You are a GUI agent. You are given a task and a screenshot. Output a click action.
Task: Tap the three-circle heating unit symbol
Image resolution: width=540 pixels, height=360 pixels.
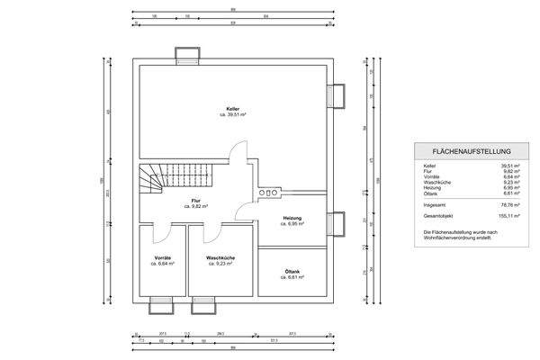click(267, 191)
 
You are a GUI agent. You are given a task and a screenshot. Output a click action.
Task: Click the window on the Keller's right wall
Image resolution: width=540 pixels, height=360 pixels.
click(337, 94)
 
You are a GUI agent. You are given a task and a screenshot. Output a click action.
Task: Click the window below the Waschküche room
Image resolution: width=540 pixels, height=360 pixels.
click(205, 305)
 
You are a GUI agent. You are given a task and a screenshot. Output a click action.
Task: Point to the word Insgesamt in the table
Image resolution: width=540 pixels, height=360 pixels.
click(435, 204)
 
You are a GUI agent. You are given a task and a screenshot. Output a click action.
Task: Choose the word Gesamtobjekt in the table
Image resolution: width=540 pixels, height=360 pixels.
click(438, 217)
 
